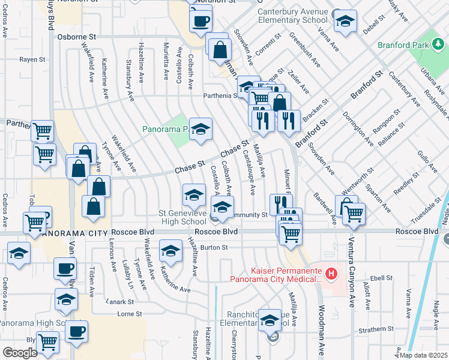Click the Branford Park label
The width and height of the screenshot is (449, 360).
[x=403, y=45]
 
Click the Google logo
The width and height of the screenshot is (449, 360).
[x=20, y=353]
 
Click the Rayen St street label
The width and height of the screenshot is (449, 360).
[x=32, y=60]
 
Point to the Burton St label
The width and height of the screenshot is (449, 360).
[x=215, y=247]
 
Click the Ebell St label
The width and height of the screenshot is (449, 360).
[x=381, y=278]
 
